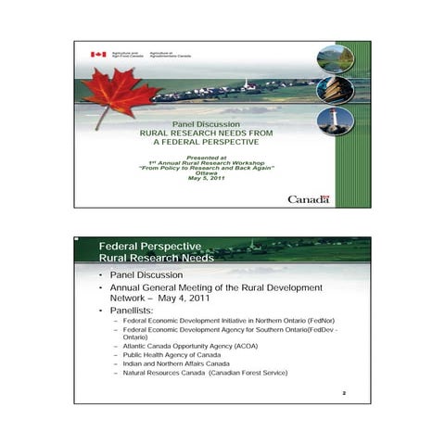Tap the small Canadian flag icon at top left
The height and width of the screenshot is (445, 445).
coord(97,55)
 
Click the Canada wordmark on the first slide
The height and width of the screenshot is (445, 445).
coord(308,199)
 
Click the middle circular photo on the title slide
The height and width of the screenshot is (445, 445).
coord(335,90)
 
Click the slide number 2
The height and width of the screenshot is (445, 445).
coord(344,393)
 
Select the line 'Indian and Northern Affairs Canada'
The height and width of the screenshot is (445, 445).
coord(176,363)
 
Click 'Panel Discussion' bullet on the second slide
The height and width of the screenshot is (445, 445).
coord(146,275)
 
